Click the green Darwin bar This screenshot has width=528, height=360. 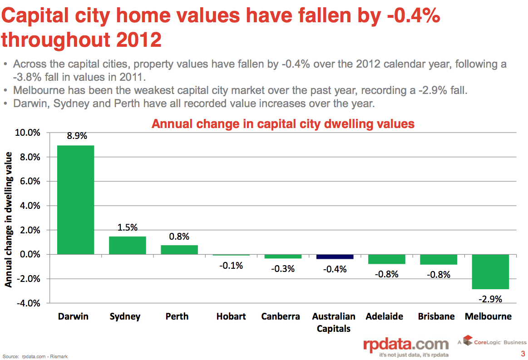tap(75, 200)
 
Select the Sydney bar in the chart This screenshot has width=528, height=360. tap(127, 245)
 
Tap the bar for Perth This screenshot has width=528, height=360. tap(179, 250)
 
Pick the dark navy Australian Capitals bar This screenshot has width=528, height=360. tap(335, 256)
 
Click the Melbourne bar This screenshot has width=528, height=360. tap(490, 271)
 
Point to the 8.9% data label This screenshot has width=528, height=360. tap(77, 136)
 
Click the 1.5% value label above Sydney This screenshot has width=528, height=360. tap(127, 227)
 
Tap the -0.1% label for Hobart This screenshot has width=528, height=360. tap(231, 266)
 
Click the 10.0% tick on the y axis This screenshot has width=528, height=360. tap(28, 133)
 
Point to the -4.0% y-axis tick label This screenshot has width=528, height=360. tap(28, 303)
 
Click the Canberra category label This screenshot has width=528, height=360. tap(281, 316)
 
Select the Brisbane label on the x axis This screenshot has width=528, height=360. tap(436, 316)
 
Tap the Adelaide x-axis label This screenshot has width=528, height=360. tap(384, 316)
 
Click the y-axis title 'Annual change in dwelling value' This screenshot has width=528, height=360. tap(9, 219)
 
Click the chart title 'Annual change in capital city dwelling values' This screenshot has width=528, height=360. tap(283, 123)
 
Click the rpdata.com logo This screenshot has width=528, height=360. tap(406, 346)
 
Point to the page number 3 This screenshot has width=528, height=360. tap(523, 354)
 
